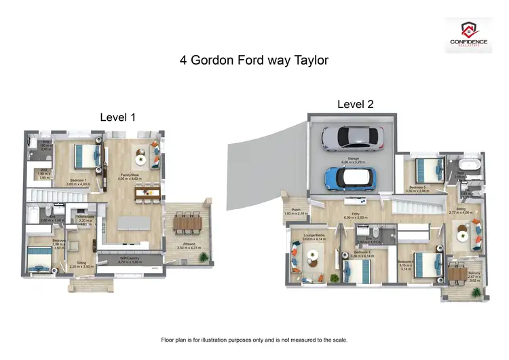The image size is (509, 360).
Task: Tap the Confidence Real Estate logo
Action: coord(468,33)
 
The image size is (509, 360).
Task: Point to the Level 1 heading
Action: coord(118,117)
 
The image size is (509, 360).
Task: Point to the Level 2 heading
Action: coord(356,104)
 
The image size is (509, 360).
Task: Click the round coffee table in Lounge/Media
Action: coord(313,256)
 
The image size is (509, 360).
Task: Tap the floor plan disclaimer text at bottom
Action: coord(254,339)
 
